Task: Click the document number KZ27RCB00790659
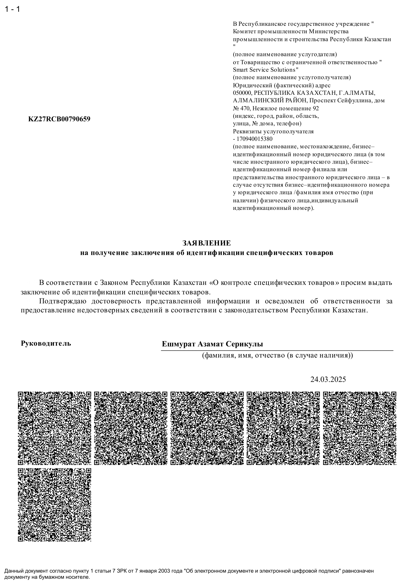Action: coord(59,119)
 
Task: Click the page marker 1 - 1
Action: coord(12,9)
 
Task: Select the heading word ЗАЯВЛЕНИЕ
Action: coord(206,243)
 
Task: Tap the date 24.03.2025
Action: coord(328,379)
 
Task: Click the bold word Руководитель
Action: coord(46,343)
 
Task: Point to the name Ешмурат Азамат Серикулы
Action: coord(212,344)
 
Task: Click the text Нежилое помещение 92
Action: coord(286,108)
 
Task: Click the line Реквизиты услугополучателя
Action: coord(273,132)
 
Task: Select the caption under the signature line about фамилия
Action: coord(277,355)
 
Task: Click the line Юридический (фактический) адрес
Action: coord(281,85)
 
